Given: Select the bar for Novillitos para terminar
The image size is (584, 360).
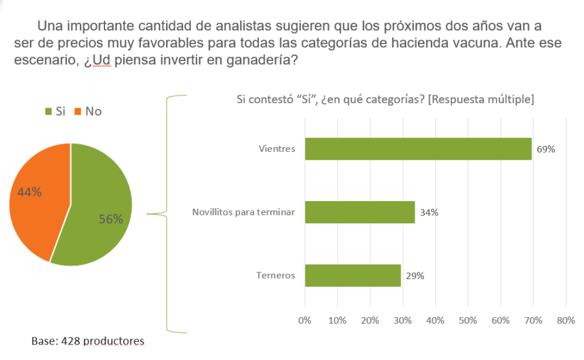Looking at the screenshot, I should (x=359, y=212).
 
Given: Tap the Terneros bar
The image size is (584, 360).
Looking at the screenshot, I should (x=352, y=275).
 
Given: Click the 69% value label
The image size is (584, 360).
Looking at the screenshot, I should (x=546, y=149).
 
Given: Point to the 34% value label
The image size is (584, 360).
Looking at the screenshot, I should (x=428, y=212).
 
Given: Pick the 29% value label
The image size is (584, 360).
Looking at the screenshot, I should (x=415, y=276).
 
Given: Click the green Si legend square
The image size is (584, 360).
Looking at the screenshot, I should (x=49, y=112).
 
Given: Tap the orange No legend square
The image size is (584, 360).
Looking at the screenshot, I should (x=79, y=112).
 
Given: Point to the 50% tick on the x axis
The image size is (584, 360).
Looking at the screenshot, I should (x=468, y=320).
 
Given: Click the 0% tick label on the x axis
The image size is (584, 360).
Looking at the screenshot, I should (x=304, y=320).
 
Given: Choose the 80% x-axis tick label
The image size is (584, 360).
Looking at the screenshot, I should (x=566, y=320).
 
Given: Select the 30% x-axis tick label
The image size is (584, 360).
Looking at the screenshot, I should (x=402, y=320).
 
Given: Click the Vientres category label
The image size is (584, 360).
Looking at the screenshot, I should (x=276, y=149).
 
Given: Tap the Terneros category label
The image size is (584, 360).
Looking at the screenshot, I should (x=276, y=276).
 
